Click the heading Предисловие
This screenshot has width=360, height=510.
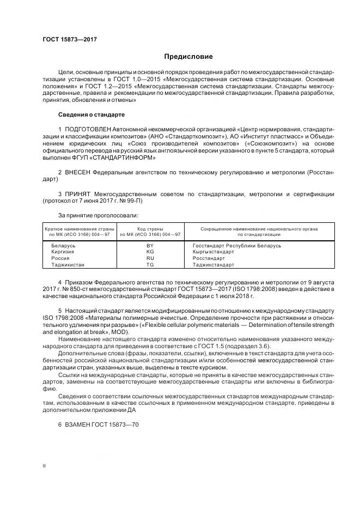click(x=188, y=57)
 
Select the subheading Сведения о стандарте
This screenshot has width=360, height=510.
click(x=91, y=115)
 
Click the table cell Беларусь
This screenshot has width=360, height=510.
click(x=63, y=246)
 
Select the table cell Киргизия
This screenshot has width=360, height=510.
click(x=63, y=252)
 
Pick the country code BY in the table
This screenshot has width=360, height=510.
click(x=150, y=246)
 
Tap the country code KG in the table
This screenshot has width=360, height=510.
click(x=150, y=252)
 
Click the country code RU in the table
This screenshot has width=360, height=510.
click(x=150, y=258)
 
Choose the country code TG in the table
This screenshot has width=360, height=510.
click(x=150, y=265)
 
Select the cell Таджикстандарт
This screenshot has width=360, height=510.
click(x=213, y=265)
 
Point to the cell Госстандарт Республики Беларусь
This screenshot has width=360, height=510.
click(x=237, y=246)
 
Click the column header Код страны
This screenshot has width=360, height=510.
click(x=150, y=228)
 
